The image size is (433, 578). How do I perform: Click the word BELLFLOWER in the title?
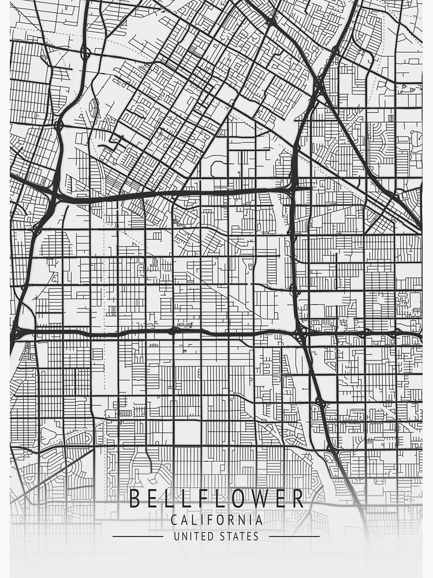pyautogui.click(x=216, y=498)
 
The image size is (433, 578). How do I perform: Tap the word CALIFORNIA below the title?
pyautogui.click(x=216, y=520)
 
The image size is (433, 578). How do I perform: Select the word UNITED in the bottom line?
pyautogui.click(x=193, y=536)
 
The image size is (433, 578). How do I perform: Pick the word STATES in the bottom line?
pyautogui.click(x=239, y=536)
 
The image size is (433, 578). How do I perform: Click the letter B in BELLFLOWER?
pyautogui.click(x=135, y=498)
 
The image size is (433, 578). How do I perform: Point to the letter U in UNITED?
pyautogui.click(x=177, y=536)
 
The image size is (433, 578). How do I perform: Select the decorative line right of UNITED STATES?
pyautogui.click(x=294, y=536)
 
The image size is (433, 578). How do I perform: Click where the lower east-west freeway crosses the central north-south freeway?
pyautogui.click(x=301, y=334)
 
